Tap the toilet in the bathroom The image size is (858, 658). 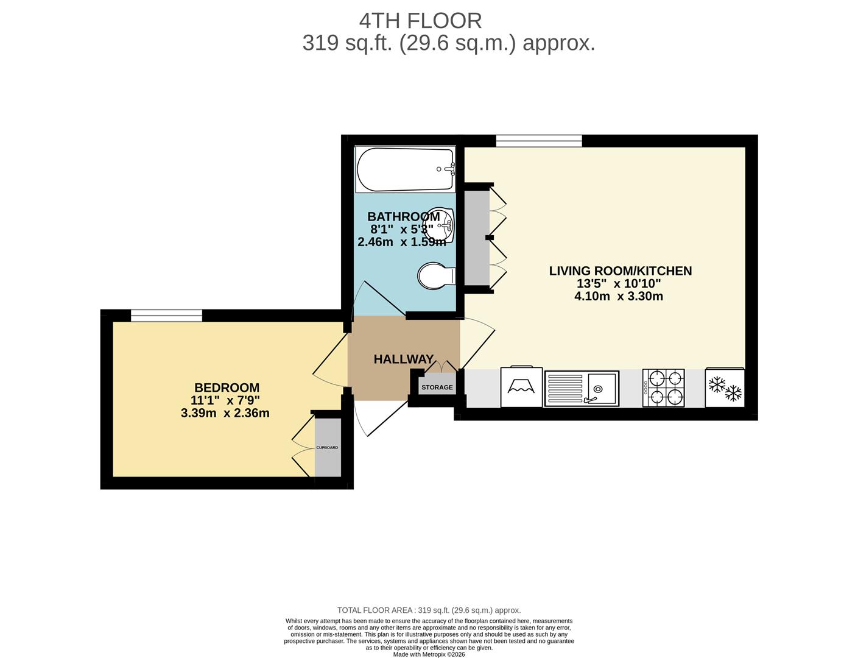(x=436, y=275)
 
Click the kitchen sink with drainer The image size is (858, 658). (x=581, y=389)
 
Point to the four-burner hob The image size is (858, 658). (x=663, y=388)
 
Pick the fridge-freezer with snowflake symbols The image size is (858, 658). (x=725, y=388)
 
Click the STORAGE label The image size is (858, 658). (x=437, y=387)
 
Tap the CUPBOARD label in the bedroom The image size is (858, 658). (x=327, y=447)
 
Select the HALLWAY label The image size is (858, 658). (x=404, y=359)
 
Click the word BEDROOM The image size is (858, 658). (x=227, y=387)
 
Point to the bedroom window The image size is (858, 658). (x=166, y=316)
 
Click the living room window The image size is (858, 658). (x=539, y=141)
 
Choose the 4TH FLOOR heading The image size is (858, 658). (x=420, y=21)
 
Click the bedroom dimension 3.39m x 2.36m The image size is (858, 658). (x=225, y=413)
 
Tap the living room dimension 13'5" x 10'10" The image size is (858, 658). (x=619, y=283)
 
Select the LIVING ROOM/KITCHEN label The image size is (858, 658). (x=621, y=271)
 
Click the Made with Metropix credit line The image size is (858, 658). (x=429, y=654)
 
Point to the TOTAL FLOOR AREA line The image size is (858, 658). (x=429, y=610)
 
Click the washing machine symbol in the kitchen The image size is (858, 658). (x=521, y=387)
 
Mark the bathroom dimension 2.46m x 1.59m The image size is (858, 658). (x=401, y=242)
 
